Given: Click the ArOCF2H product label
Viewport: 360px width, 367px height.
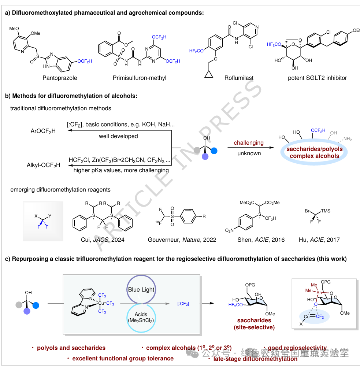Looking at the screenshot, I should coord(43,130).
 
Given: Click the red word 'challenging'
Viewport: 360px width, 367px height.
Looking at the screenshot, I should coord(249,142).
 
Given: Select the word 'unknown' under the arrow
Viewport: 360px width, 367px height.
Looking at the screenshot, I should coord(249,153).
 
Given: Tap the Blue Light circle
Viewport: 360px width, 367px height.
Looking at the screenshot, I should coord(141,289).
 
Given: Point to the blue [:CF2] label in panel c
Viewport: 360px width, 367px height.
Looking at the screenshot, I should coord(183,304).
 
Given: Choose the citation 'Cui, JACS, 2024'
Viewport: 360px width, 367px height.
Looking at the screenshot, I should coord(100,240).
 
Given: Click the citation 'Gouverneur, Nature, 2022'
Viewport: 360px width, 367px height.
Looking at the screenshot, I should coord(182,240).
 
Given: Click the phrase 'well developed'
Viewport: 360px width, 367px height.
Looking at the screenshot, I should coord(118,136).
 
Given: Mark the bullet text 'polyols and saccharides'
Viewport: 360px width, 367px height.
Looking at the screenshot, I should coord(71,348).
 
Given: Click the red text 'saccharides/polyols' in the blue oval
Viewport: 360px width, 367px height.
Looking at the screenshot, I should coord(315,149).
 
